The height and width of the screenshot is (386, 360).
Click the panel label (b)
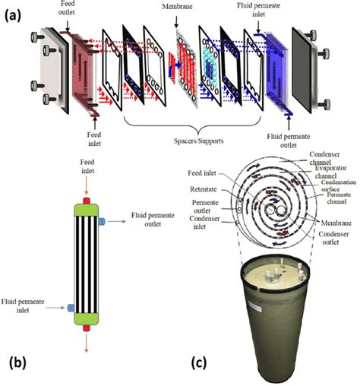pos(17,363)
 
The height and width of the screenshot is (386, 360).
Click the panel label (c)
pos(198,363)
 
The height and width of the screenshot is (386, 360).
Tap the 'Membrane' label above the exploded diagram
pos(177,7)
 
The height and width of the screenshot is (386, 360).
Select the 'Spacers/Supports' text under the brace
pos(198,141)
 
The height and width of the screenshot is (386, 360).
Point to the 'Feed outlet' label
pos(66,8)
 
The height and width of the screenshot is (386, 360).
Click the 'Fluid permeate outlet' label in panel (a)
pos(289,141)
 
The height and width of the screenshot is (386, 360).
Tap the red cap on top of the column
pos(87,201)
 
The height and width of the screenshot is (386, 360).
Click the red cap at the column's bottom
pos(87,328)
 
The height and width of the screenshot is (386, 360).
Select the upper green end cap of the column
pos(86,210)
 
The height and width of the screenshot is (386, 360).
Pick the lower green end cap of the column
pos(86,319)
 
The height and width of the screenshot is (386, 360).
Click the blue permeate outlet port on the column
pos(102,222)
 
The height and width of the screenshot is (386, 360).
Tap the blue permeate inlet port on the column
pos(71,308)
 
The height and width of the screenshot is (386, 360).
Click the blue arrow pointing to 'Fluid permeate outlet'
pos(117,222)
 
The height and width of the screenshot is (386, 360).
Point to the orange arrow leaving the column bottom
pos(87,343)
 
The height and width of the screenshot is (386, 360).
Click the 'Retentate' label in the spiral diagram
pos(204,189)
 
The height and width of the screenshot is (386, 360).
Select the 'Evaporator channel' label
pos(330,172)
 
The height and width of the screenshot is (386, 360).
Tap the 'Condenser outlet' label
pos(333,238)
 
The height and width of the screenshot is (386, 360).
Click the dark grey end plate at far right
pos(302,70)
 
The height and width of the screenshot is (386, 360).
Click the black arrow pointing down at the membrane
pos(176,23)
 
